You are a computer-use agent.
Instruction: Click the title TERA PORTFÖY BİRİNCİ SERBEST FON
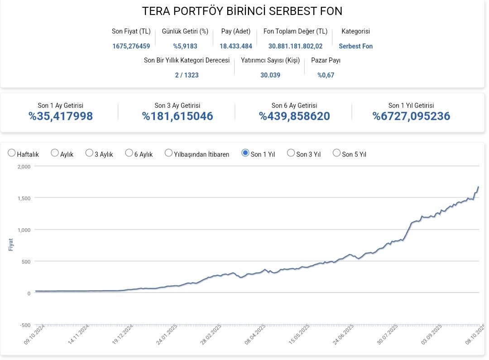tap(242, 11)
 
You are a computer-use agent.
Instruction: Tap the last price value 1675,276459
tap(131, 46)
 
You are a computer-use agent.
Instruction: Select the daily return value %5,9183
tap(185, 46)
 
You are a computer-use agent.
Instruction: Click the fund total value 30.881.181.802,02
tap(295, 46)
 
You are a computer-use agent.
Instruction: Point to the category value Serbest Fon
tap(355, 46)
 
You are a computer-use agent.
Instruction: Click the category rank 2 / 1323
tap(187, 75)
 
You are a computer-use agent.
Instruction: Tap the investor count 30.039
tap(270, 75)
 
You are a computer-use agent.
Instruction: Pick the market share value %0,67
tap(326, 75)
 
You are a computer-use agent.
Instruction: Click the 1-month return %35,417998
tap(61, 116)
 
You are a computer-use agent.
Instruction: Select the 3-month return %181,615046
tap(177, 116)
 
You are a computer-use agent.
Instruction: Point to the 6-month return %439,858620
tap(294, 116)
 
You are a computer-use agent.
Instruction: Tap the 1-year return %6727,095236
tap(411, 116)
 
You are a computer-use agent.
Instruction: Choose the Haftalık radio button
tap(12, 153)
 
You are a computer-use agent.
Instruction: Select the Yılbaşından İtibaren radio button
tap(168, 153)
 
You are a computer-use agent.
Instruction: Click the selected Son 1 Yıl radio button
tap(245, 153)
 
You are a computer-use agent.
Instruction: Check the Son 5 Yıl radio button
tap(336, 153)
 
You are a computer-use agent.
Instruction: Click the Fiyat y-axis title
tap(11, 245)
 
